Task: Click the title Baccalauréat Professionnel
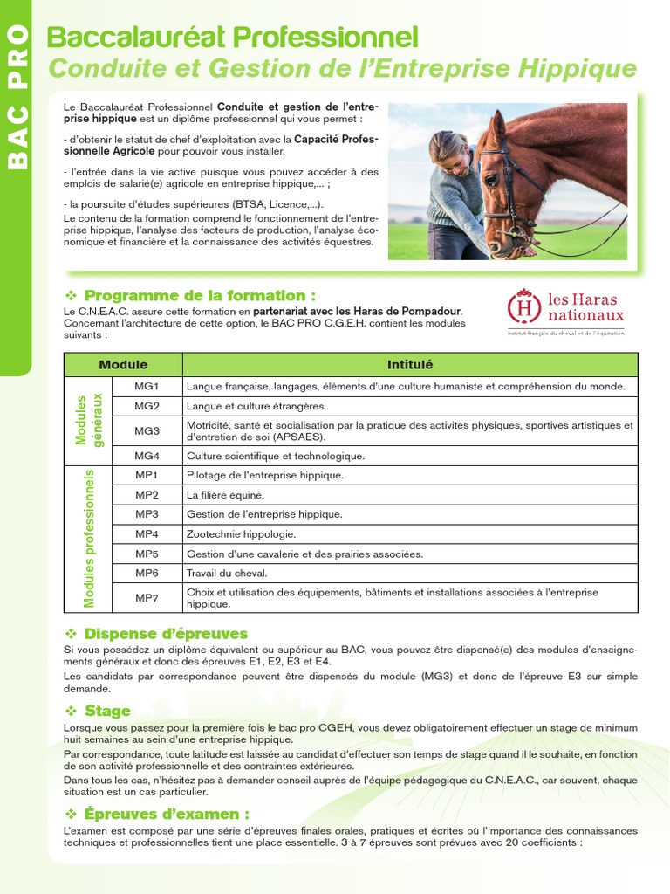(232, 38)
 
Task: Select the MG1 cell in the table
(147, 386)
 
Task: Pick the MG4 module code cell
(147, 456)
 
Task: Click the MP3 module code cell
(147, 514)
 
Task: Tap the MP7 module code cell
(147, 598)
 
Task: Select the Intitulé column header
(410, 365)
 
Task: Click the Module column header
(123, 365)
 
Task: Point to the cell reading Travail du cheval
(227, 574)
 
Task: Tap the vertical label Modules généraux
(89, 420)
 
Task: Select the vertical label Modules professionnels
(89, 538)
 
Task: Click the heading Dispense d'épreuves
(165, 634)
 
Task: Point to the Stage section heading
(106, 712)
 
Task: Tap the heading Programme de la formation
(199, 295)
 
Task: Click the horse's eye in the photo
(491, 181)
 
